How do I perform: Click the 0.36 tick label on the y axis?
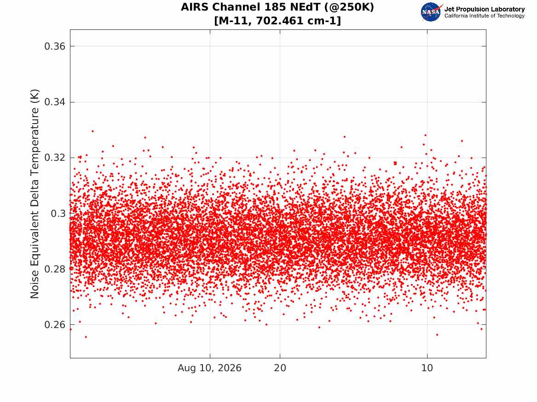(x=55, y=46)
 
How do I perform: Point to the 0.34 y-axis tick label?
(x=55, y=102)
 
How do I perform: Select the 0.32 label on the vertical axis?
(x=55, y=158)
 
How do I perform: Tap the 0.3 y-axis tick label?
(x=58, y=213)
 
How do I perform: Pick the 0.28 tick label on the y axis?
(x=55, y=269)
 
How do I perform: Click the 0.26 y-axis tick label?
(x=55, y=324)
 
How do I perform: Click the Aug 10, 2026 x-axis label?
(x=209, y=368)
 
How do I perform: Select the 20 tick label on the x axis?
(x=280, y=368)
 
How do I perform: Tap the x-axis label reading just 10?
(x=427, y=368)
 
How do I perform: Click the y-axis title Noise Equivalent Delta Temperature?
(x=35, y=194)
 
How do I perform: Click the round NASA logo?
(x=431, y=12)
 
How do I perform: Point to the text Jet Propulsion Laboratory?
(x=485, y=9)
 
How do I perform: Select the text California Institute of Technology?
(x=485, y=16)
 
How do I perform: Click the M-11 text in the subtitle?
(x=233, y=21)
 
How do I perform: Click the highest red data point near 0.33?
(x=92, y=131)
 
